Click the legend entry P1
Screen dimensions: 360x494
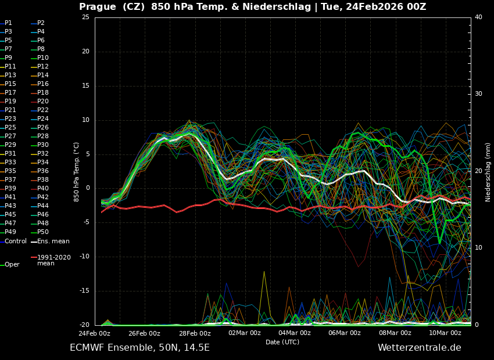tap(8, 23)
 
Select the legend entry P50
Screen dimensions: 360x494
tap(42, 232)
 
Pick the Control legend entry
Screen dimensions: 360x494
tap(16, 242)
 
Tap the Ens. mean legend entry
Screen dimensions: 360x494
tap(53, 242)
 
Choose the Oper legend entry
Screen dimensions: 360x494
tap(12, 265)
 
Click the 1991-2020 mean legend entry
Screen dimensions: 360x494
tap(53, 260)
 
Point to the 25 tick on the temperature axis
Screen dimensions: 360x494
tap(85, 17)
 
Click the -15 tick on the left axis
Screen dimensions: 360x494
tap(85, 291)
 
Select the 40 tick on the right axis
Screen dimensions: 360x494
tap(478, 17)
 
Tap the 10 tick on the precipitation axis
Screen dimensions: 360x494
tap(478, 248)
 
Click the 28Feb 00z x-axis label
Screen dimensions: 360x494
tap(195, 333)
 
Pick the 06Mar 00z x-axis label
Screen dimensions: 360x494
tap(345, 333)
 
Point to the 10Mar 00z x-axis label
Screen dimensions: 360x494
tap(445, 333)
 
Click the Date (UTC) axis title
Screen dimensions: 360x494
tap(282, 343)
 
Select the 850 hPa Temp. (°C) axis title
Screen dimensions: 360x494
tap(77, 171)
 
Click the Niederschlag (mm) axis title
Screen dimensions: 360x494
tap(488, 172)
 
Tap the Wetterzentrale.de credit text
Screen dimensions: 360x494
tap(419, 348)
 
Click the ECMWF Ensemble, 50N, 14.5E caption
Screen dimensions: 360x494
tap(139, 348)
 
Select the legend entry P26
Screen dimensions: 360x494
tap(42, 128)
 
